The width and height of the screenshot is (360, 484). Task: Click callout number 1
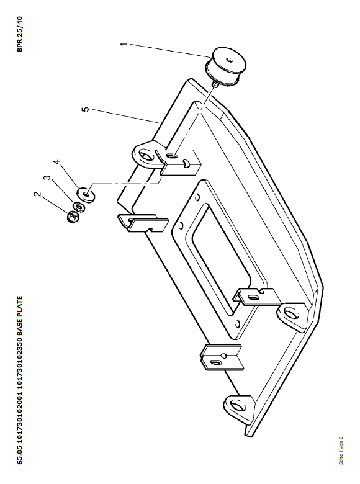click(123, 45)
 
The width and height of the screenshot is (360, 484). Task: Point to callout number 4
click(56, 163)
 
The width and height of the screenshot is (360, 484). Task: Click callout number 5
click(86, 109)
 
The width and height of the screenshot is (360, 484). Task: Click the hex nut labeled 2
click(73, 217)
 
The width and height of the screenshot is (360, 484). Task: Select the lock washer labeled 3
click(79, 207)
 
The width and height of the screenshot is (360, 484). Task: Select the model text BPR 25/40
click(19, 34)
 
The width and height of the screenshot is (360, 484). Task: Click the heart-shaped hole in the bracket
click(186, 163)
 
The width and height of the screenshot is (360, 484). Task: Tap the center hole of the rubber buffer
click(229, 60)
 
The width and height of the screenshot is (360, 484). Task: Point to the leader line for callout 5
click(125, 116)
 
